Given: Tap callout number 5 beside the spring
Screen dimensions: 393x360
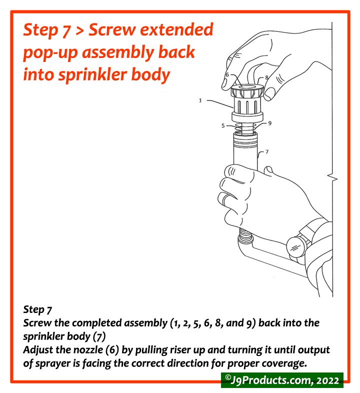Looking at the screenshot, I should coord(223,126).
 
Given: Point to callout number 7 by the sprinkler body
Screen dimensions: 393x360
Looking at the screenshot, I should coord(267,151).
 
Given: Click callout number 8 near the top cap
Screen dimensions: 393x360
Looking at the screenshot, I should coord(266,78).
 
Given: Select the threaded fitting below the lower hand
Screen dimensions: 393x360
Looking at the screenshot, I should coord(244,234).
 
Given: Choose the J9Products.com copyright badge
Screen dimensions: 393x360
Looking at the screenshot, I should coord(282,380).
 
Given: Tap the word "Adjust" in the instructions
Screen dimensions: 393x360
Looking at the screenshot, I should coord(39,349).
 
